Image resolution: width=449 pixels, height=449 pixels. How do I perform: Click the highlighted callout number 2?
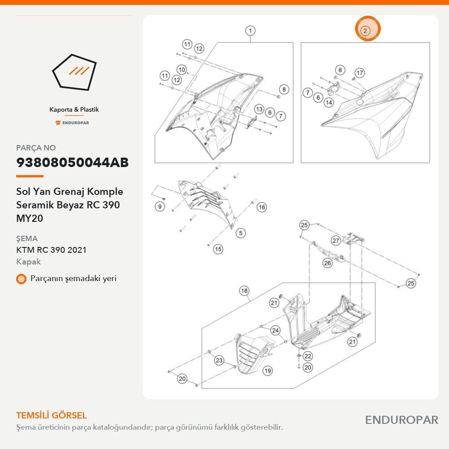(x=365, y=31)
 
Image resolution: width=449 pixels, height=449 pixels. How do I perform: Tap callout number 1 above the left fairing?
(x=250, y=31)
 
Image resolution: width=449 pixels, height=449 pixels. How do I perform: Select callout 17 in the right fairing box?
(x=360, y=73)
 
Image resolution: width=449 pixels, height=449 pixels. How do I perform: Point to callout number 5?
(x=241, y=233)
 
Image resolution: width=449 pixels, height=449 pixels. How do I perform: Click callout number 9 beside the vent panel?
(x=160, y=207)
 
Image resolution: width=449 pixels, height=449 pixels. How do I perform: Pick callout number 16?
(x=261, y=207)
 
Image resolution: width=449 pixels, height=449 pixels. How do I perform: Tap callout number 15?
(x=218, y=249)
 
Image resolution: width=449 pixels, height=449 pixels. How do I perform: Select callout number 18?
(x=244, y=291)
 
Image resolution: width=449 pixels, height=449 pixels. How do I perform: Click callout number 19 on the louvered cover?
(x=268, y=371)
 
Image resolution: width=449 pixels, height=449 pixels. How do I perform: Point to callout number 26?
(x=327, y=263)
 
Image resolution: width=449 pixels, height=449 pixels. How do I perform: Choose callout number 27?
(x=335, y=241)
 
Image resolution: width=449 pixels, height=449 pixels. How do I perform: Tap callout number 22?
(x=308, y=356)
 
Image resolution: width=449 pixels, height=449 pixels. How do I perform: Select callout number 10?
(x=181, y=70)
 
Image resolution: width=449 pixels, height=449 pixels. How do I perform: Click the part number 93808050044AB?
(x=72, y=163)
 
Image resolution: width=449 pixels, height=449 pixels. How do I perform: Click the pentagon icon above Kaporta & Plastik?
(x=74, y=72)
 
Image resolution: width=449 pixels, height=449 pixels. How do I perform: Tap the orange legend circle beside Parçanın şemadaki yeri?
(x=21, y=279)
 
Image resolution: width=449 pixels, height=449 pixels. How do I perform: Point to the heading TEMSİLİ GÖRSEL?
(x=52, y=415)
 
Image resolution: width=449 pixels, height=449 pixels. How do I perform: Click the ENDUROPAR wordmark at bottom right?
(x=401, y=420)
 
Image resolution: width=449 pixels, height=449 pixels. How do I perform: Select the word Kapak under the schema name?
(x=28, y=262)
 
